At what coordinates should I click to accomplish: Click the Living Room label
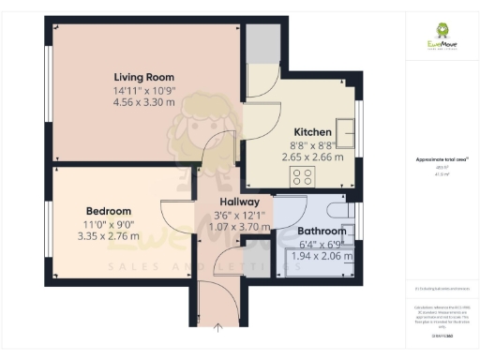tap(144, 77)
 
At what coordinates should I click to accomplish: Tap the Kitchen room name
tap(313, 131)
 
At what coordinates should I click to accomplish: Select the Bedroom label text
tap(109, 211)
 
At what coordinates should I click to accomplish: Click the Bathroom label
tap(322, 231)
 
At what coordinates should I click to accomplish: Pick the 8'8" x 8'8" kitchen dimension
tap(313, 145)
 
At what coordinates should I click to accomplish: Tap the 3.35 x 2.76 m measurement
tap(109, 238)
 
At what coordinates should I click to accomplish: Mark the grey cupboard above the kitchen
tap(262, 43)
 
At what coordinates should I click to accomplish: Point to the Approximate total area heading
tap(442, 159)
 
